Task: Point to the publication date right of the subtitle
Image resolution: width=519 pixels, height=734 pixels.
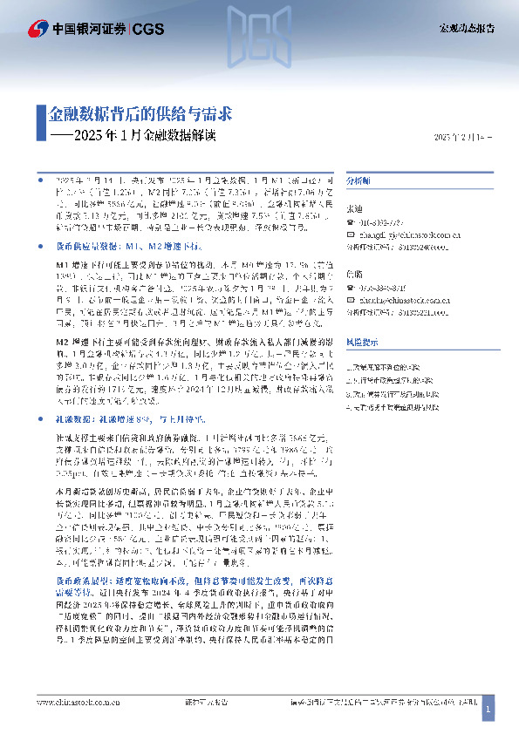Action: pos(461,139)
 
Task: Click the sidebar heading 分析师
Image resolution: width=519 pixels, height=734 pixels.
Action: pos(359,180)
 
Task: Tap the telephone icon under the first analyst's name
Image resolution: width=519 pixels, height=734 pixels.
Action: pos(351,222)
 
